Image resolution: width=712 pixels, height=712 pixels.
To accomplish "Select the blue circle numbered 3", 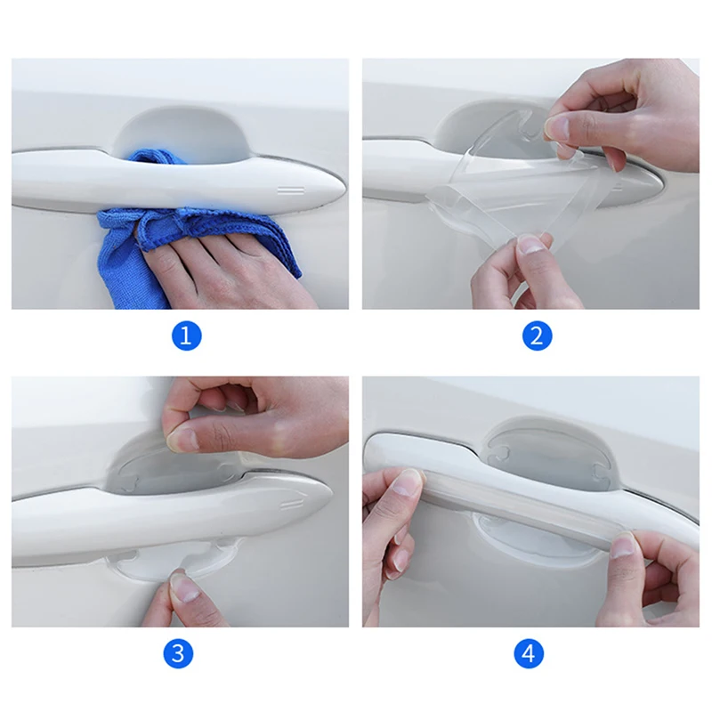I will [177, 654].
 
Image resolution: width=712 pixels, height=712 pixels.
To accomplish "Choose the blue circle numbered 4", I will [529, 654].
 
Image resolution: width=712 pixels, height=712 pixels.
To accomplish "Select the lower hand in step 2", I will [516, 276].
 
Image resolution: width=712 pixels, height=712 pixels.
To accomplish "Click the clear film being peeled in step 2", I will [516, 196].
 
